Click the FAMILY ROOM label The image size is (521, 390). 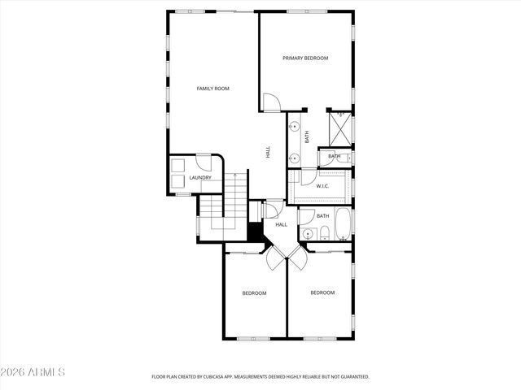[213, 88]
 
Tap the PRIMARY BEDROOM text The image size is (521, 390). [305, 58]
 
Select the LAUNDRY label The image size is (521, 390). [200, 178]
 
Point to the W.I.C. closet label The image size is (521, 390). [322, 186]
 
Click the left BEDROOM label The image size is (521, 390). [254, 292]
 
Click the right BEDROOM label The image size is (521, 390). [322, 292]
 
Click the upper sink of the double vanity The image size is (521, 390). [293, 128]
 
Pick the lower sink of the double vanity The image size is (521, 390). [293, 158]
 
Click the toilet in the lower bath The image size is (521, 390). [324, 236]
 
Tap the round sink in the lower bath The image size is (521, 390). [307, 235]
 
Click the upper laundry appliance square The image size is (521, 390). [177, 165]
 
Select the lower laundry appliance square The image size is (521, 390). [177, 181]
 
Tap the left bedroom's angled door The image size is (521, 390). [274, 260]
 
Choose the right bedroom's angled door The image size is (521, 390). [299, 260]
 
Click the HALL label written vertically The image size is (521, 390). [268, 151]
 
